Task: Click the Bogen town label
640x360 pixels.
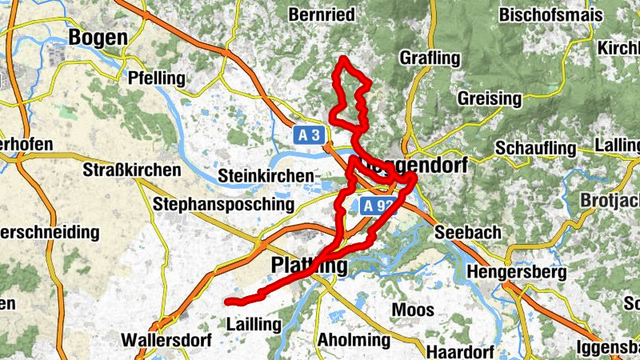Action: click(98, 37)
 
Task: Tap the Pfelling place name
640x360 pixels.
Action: click(156, 78)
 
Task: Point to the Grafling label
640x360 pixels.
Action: click(430, 58)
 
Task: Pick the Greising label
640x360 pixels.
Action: click(490, 99)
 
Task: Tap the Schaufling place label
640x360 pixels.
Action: click(536, 149)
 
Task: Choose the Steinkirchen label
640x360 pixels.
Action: click(266, 176)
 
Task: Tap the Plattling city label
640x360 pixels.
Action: click(310, 265)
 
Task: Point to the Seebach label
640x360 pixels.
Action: click(467, 233)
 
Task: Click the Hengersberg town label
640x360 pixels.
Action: click(517, 272)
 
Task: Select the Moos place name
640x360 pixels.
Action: click(413, 310)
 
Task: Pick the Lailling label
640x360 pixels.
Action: click(254, 325)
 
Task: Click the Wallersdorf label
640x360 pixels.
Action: click(166, 340)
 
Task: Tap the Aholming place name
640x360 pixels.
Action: click(354, 340)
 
